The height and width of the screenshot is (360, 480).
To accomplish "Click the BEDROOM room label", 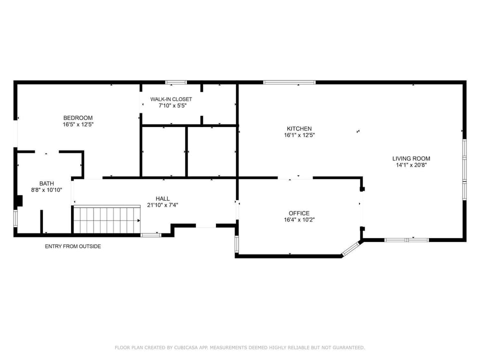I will tap(78, 118).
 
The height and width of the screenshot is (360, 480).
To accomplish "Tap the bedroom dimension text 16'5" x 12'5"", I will tap(78, 124).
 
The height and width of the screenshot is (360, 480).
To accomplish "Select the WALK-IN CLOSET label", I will tap(171, 99).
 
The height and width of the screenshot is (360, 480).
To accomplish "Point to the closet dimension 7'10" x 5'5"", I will tap(171, 106).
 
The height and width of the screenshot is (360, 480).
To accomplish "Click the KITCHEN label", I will tap(299, 128).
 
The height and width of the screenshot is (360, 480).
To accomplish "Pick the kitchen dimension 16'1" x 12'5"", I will tap(299, 135).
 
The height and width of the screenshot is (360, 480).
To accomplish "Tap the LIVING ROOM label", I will tap(411, 158).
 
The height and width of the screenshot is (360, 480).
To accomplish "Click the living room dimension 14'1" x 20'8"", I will tap(411, 165).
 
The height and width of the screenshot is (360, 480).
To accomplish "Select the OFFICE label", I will tap(299, 213).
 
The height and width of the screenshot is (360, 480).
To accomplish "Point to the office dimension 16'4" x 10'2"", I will tap(299, 220).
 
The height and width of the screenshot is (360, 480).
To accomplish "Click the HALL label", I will tap(162, 198).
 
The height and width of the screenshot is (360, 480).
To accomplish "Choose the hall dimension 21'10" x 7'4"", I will tap(162, 205).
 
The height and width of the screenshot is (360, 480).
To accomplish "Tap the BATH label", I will tap(47, 183).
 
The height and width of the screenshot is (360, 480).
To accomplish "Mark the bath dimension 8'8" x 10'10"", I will tap(47, 190).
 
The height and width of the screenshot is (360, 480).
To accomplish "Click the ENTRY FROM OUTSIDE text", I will tap(73, 246).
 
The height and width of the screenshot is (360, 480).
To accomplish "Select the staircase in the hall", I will tap(106, 219).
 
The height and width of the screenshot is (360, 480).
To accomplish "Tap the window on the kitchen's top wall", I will tap(289, 82).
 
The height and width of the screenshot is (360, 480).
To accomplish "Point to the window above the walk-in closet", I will tap(176, 82).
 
